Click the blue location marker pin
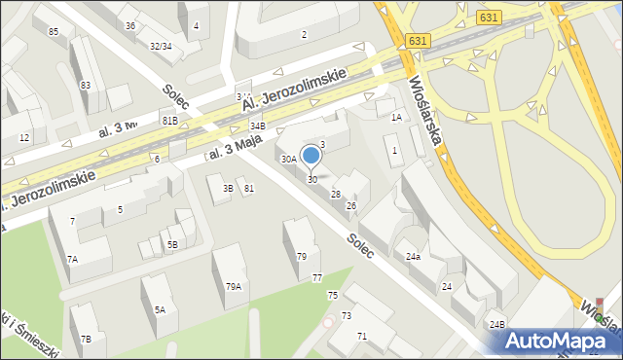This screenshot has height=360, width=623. pyautogui.click(x=311, y=155)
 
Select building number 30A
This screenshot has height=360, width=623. pyautogui.click(x=289, y=159)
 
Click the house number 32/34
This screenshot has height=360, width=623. pyautogui.click(x=161, y=46)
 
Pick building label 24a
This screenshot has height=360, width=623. pyautogui.click(x=413, y=257)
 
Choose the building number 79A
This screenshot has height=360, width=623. pyautogui.click(x=234, y=286)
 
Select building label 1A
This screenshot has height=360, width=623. pyautogui.click(x=396, y=117)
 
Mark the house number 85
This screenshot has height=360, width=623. pyautogui.click(x=54, y=32)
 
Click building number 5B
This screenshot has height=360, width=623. pyautogui.click(x=172, y=244)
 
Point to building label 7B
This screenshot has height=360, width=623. pyautogui.click(x=86, y=339)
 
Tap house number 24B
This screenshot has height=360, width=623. pyautogui.click(x=497, y=324)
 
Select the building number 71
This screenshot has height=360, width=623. pyautogui.click(x=362, y=336)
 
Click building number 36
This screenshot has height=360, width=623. pyautogui.click(x=130, y=25)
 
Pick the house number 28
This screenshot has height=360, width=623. pyautogui.click(x=335, y=195)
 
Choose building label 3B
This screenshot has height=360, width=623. pyautogui.click(x=228, y=188)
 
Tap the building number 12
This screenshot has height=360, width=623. pyautogui.click(x=23, y=137)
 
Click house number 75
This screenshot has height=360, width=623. pyautogui.click(x=332, y=295)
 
